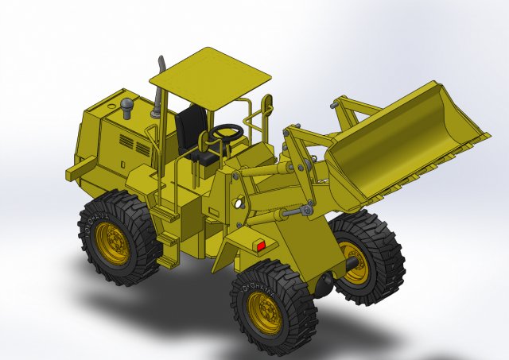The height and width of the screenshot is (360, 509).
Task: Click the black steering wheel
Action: pyautogui.click(x=227, y=130)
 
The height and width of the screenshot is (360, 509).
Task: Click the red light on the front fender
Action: pyautogui.click(x=260, y=246)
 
